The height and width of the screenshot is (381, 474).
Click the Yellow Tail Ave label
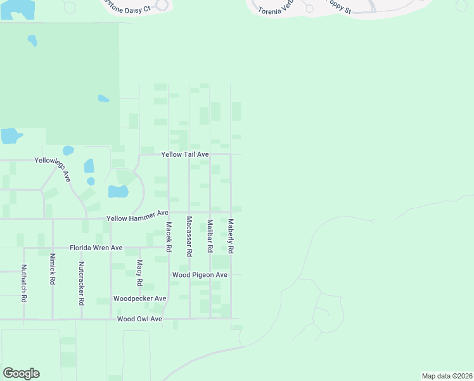click(x=185, y=154)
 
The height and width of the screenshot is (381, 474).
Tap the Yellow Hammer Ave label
click(x=138, y=218)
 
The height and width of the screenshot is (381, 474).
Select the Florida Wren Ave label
click(x=96, y=248)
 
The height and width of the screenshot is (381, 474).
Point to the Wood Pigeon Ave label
click(x=200, y=275)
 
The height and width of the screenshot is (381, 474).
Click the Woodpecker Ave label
click(x=139, y=298)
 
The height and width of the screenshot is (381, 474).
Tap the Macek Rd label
click(x=169, y=237)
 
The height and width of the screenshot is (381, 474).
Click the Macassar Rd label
click(x=189, y=236)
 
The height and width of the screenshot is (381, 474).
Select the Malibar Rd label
click(x=210, y=236)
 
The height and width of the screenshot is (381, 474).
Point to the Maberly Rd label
click(x=231, y=237)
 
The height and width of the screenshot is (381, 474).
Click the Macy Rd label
click(x=139, y=272)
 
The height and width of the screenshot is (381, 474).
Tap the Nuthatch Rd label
click(x=24, y=283)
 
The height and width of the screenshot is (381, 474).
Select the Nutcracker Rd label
click(x=82, y=284)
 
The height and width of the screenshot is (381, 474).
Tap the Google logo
click(x=21, y=373)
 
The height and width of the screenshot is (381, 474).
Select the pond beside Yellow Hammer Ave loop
click(x=118, y=191)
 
